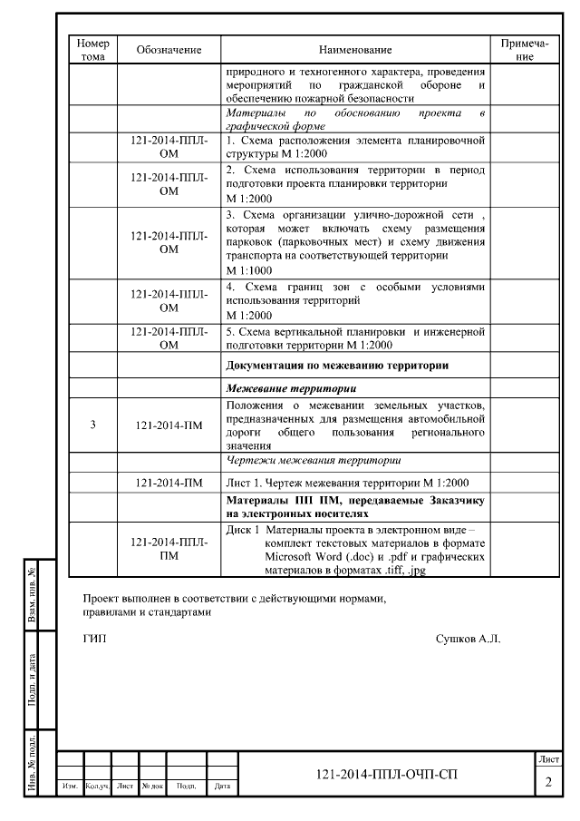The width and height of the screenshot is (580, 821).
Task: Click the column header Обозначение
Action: point(169,50)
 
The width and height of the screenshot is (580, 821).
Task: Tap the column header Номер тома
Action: point(93,50)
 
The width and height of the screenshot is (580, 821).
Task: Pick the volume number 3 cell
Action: point(93,424)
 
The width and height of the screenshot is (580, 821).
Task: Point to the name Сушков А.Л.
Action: point(468,639)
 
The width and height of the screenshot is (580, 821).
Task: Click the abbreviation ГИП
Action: point(94,639)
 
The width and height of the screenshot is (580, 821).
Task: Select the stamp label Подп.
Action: point(187,787)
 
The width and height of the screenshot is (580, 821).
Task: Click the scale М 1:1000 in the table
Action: point(249,270)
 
